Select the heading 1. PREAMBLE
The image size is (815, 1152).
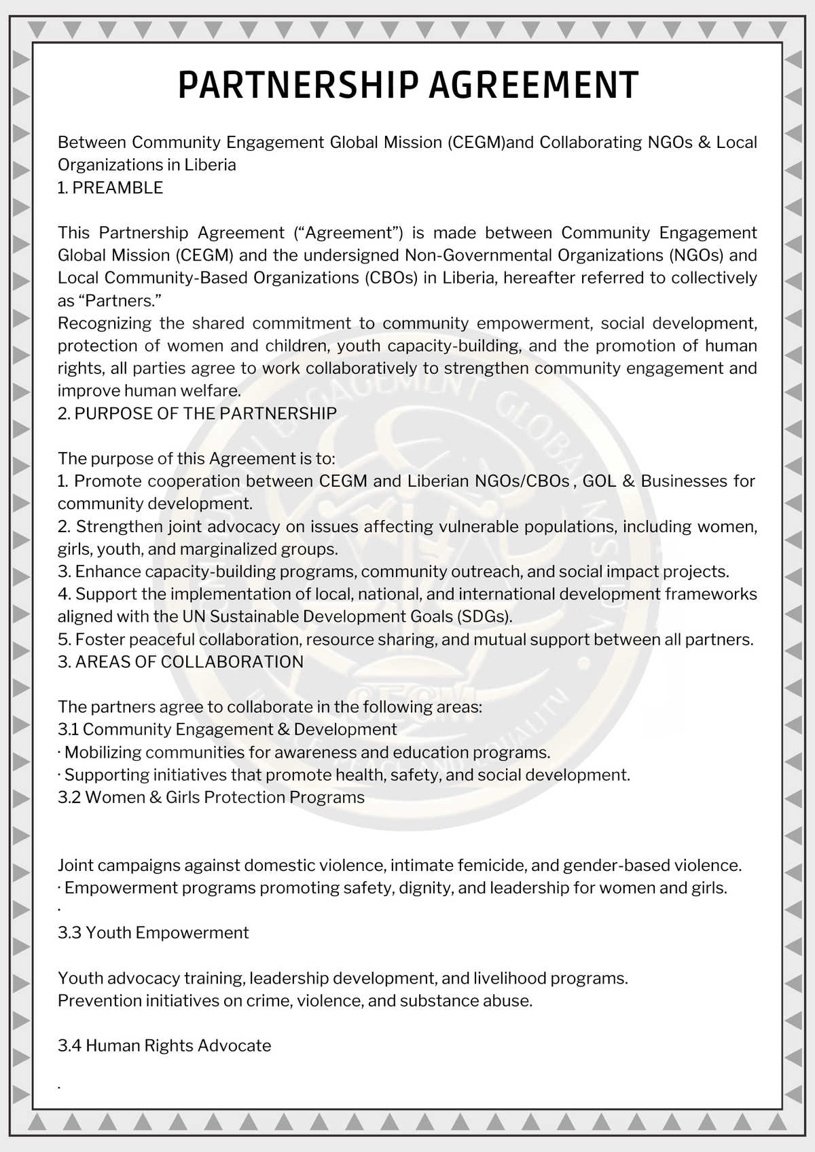click(x=110, y=188)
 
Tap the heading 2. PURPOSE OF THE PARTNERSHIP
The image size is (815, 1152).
click(x=197, y=413)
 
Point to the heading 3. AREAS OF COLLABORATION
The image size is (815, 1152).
click(x=181, y=662)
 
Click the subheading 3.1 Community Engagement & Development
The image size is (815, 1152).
click(x=227, y=730)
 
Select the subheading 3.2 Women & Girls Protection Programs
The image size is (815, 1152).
click(x=211, y=797)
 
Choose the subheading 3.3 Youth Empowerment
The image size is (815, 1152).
click(x=153, y=933)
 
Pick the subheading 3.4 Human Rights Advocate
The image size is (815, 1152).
click(x=164, y=1045)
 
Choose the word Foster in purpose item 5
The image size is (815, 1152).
click(x=101, y=639)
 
